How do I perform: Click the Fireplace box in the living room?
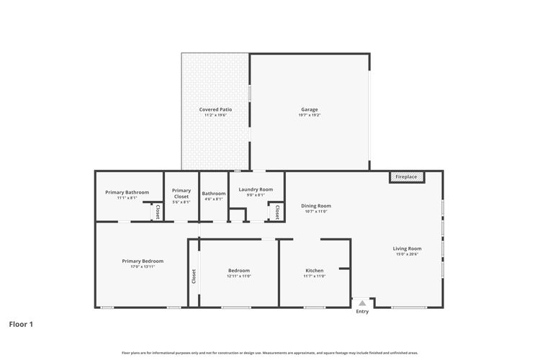(x=407, y=176)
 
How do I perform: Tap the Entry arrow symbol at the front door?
(x=362, y=304)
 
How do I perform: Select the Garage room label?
(x=310, y=109)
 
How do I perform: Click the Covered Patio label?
(x=215, y=109)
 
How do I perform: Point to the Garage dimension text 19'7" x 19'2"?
(x=310, y=115)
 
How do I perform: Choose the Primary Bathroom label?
(x=127, y=192)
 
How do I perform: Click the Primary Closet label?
(x=181, y=193)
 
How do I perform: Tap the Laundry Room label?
(x=256, y=189)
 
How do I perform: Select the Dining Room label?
(x=315, y=206)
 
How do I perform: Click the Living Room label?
(x=408, y=248)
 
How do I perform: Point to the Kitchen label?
(x=314, y=270)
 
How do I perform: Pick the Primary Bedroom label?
(x=143, y=261)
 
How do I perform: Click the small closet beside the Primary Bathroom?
(x=157, y=212)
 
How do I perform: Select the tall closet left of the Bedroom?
(x=194, y=275)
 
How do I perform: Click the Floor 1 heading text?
(x=21, y=324)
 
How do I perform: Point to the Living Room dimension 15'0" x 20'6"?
(x=408, y=254)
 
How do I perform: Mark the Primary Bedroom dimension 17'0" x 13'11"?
(x=143, y=266)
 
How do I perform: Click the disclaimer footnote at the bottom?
(x=270, y=353)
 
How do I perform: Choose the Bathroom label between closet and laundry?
(x=214, y=193)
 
